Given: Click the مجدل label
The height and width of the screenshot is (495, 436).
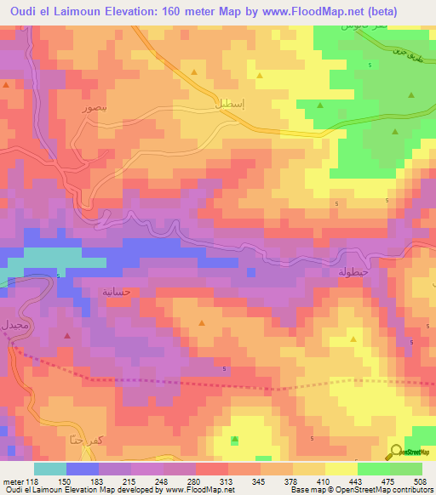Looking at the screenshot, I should tap(18, 326).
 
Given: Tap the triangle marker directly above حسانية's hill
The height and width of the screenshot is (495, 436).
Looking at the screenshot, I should tap(201, 323).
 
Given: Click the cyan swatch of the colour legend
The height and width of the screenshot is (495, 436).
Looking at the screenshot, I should tap(49, 469).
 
